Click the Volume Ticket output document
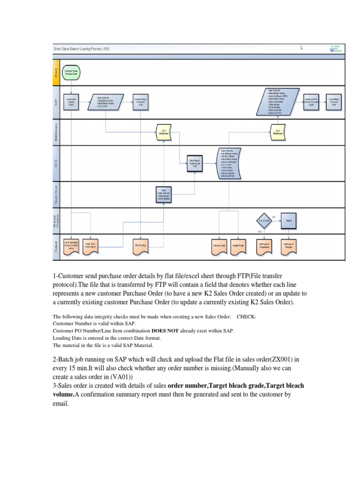pyautogui.click(x=219, y=246)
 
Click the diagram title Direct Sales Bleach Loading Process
pyautogui.click(x=81, y=48)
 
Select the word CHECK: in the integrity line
pyautogui.click(x=247, y=316)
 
